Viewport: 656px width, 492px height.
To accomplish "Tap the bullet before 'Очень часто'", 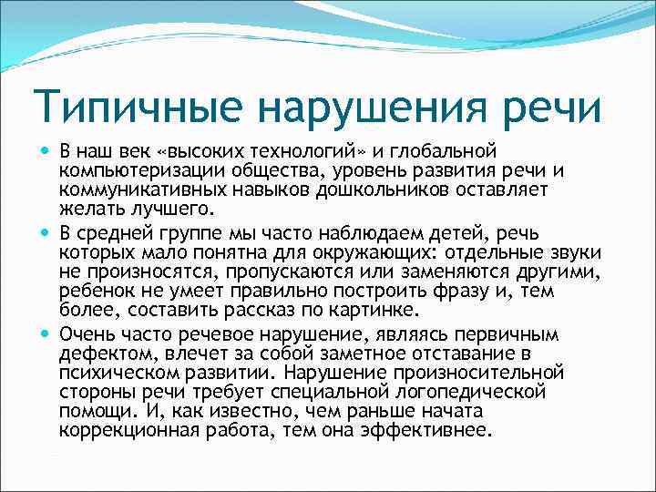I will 45,334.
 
